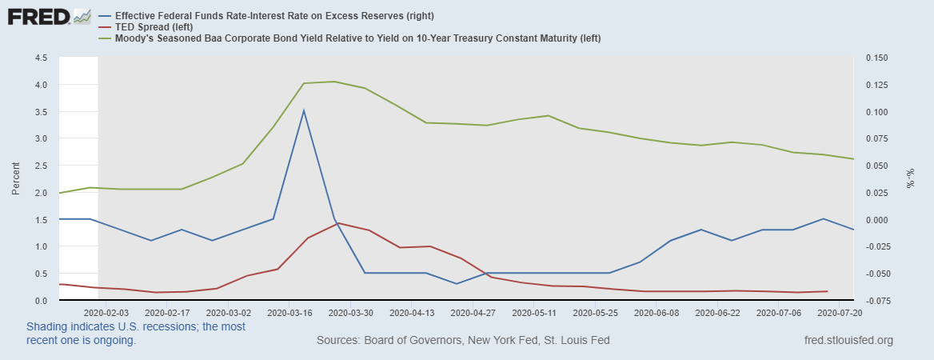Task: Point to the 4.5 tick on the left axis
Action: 41,58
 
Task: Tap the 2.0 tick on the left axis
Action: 41,193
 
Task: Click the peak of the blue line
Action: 304,110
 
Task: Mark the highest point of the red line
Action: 338,222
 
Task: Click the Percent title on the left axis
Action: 16,179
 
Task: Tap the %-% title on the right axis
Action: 910,179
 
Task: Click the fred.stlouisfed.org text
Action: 848,341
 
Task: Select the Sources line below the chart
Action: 463,341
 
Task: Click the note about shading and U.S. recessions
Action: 136,334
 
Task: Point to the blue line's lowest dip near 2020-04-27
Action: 456,284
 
